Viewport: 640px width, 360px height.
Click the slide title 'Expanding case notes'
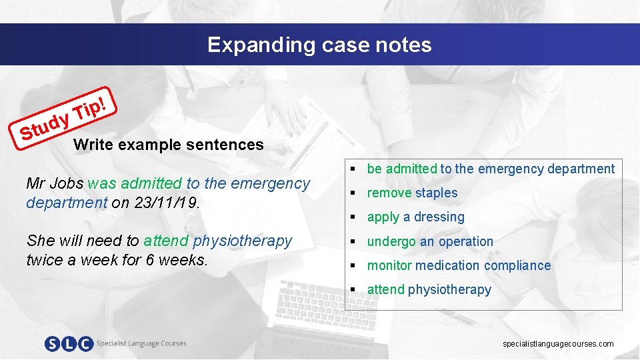coord(319,45)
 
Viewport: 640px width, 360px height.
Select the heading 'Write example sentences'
coord(169,145)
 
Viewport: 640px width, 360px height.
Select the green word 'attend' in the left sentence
coord(166,241)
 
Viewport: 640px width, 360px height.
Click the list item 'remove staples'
coord(412,193)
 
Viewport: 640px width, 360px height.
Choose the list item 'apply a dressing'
coord(415,217)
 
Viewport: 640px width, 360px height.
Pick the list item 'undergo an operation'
coord(430,241)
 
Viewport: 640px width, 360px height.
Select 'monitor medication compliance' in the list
coord(459,265)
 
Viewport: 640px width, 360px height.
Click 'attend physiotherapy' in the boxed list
coord(429,289)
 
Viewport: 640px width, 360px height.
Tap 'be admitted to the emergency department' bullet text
coord(491,169)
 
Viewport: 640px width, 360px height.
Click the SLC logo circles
coord(69,344)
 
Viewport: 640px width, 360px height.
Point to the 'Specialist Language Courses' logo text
coord(141,344)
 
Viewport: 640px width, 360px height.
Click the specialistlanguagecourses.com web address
coord(558,344)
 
